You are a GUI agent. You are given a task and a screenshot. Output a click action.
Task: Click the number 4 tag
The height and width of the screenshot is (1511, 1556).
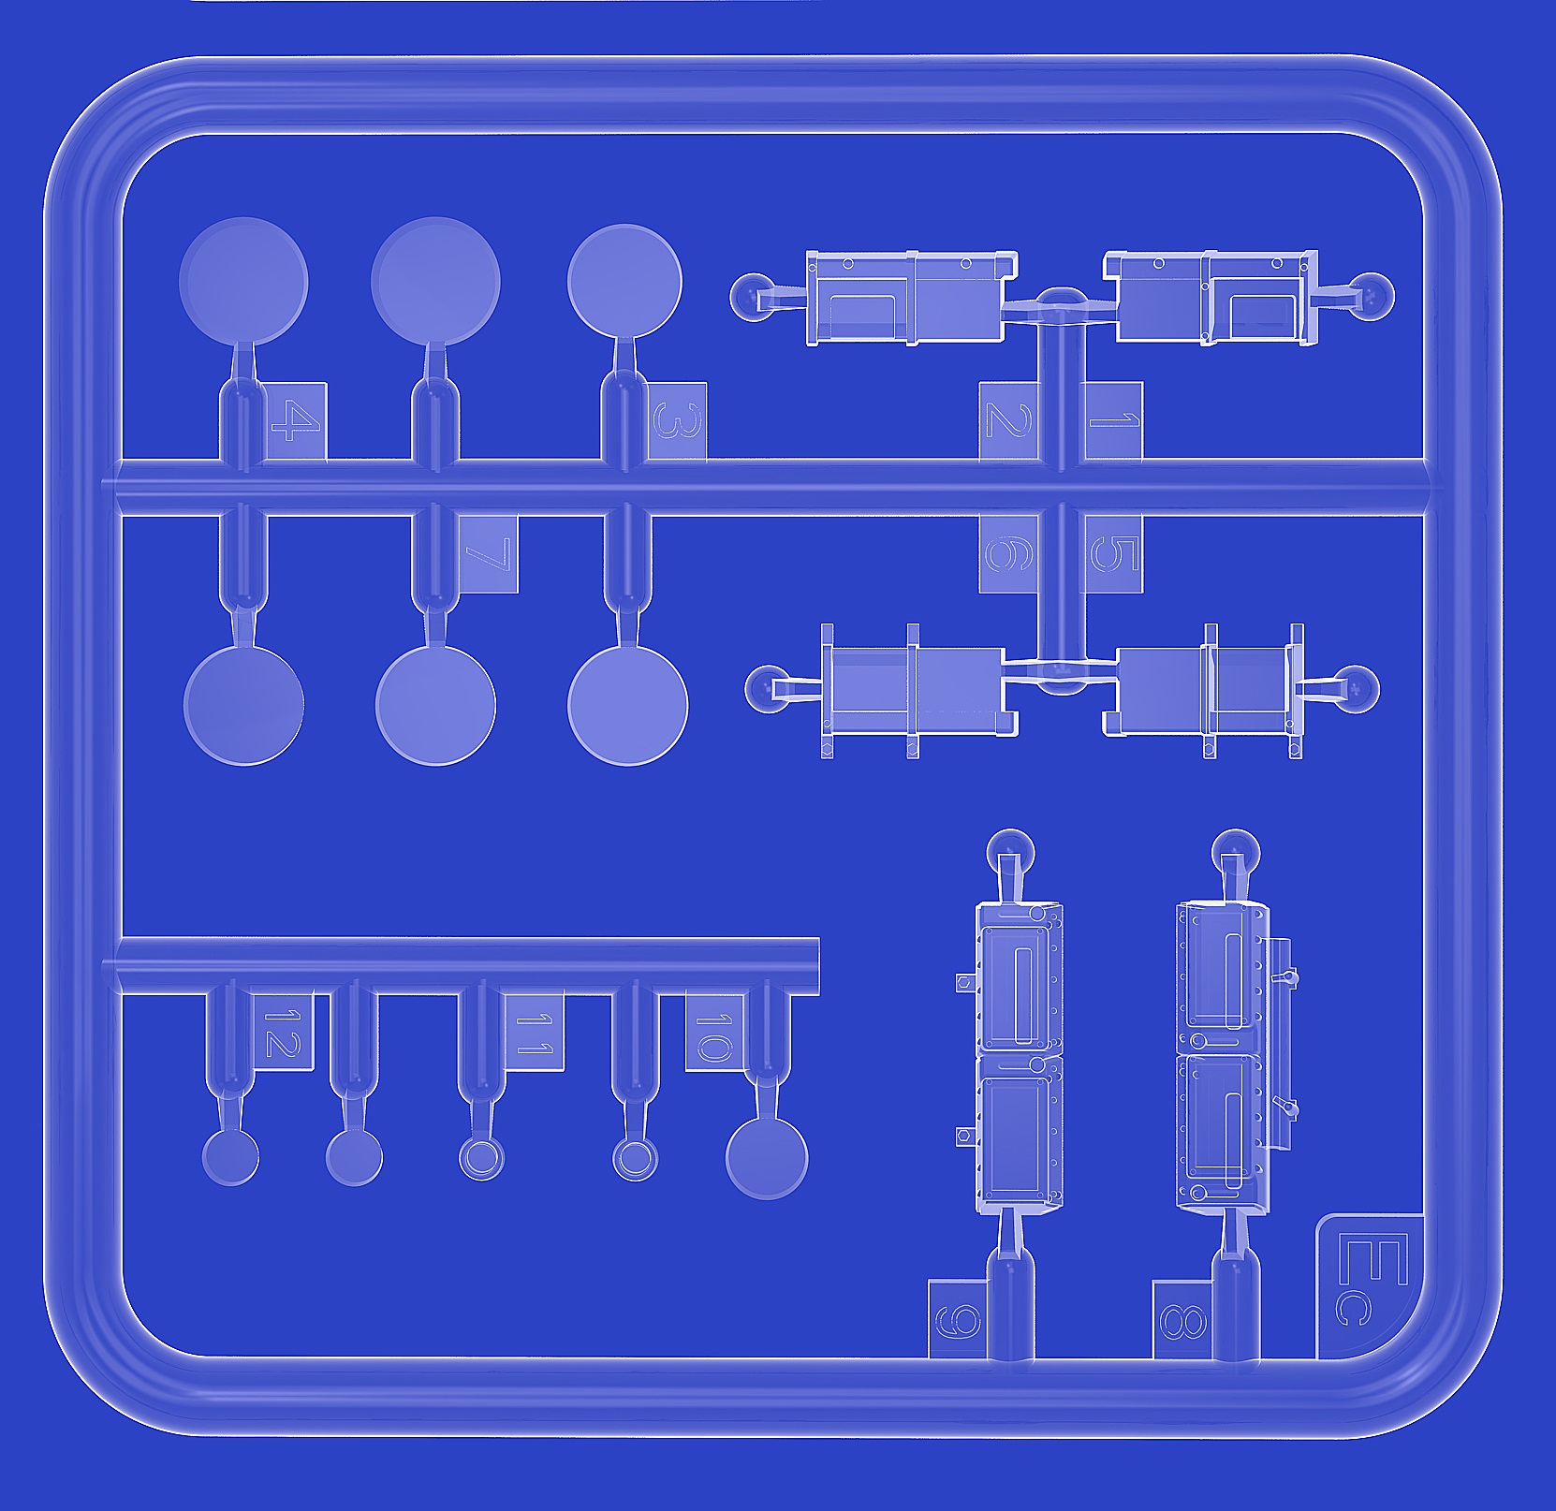(296, 421)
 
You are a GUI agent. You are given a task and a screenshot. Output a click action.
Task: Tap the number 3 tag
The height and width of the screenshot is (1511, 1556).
(676, 421)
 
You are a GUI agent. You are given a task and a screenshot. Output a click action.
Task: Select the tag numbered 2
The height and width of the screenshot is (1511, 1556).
(1008, 421)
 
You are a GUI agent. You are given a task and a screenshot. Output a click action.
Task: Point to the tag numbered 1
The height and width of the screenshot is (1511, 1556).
(1113, 421)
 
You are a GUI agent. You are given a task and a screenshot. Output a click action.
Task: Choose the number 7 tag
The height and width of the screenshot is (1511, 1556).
(488, 553)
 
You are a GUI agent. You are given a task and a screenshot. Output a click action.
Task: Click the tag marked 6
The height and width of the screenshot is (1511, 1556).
(1009, 553)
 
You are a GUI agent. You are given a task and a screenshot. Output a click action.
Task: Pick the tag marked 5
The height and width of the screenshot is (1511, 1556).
(1113, 553)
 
